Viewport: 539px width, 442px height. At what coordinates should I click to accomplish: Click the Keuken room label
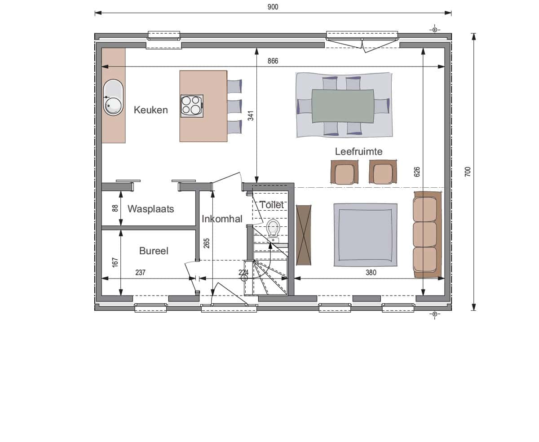tap(151, 110)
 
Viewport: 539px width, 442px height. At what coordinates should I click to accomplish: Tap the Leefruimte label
tap(358, 151)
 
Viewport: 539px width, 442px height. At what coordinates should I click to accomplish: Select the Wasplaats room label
tap(151, 209)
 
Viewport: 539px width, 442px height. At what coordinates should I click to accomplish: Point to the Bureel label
tap(154, 251)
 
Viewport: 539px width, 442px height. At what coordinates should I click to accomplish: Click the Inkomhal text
tap(222, 219)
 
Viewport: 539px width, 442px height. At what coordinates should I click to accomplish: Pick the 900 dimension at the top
tap(273, 7)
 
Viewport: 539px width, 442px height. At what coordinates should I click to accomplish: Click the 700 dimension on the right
tap(468, 172)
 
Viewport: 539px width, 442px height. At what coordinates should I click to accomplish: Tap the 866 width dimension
tap(273, 61)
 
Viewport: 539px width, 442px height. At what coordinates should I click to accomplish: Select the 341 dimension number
tap(251, 115)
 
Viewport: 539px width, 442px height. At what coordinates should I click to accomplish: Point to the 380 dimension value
tap(371, 273)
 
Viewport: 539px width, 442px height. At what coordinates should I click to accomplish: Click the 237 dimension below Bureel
tap(140, 273)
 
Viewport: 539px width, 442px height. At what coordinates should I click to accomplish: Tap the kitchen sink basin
tap(113, 97)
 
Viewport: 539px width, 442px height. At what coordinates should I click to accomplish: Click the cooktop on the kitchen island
tap(192, 106)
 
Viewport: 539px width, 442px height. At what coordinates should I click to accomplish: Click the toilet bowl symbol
tap(273, 228)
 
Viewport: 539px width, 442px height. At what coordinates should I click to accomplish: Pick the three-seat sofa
tap(427, 234)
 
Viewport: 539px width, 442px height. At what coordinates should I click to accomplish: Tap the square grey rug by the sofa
tap(366, 235)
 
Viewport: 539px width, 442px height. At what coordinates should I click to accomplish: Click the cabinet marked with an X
tap(304, 235)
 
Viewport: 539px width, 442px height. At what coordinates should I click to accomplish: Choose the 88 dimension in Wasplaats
tap(115, 208)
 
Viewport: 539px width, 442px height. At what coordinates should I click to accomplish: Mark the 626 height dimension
tap(417, 172)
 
